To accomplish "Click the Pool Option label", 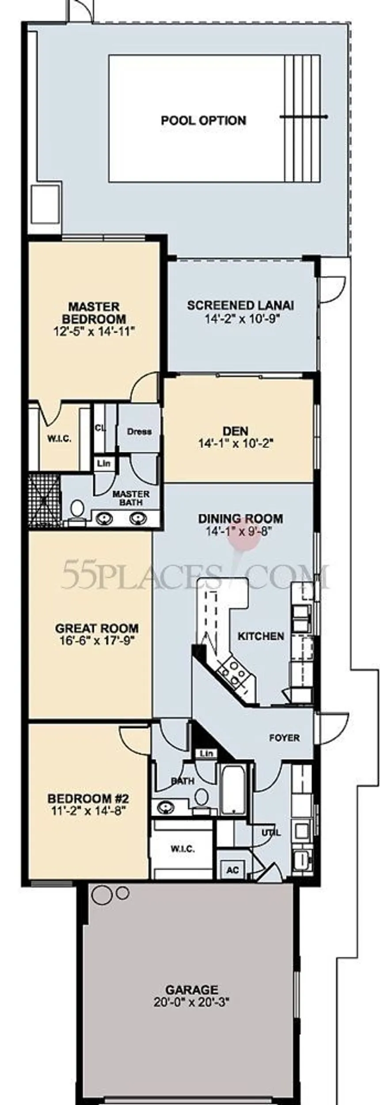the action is (x=203, y=121).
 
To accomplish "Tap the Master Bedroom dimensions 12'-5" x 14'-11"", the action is (x=93, y=331).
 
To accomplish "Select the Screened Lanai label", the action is (x=241, y=305).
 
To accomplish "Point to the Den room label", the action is (x=236, y=430).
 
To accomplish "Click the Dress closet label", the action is (x=139, y=432).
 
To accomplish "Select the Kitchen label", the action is (x=261, y=636).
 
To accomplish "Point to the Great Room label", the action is (x=97, y=628).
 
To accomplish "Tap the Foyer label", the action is (x=285, y=738).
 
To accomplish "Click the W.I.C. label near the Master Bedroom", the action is (x=60, y=439).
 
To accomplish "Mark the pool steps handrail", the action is (x=304, y=117).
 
